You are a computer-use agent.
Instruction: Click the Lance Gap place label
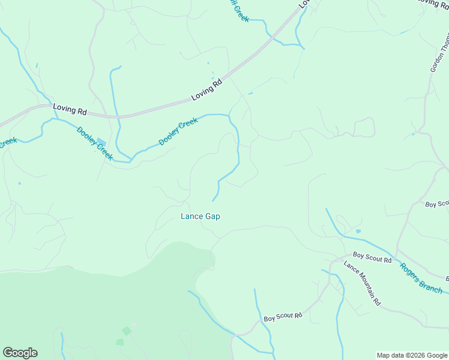pos(200,217)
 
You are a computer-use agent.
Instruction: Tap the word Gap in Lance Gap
pos(212,217)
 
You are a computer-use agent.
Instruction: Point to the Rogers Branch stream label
pos(421,279)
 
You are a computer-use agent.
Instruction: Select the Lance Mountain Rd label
pos(362,283)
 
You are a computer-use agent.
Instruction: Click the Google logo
pos(20,353)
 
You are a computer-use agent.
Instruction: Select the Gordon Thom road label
pos(439,53)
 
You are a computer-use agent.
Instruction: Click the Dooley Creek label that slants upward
pos(178,131)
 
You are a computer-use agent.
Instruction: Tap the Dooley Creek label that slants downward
pos(94,143)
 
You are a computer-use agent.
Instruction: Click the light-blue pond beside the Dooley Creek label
pos(101,143)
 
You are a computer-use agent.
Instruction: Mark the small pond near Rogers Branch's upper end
pos(358,231)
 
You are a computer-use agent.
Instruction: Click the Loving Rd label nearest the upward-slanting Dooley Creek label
pos(206,89)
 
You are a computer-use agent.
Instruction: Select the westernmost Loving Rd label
pos(70,110)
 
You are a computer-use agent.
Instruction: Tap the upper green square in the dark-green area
pos(126,331)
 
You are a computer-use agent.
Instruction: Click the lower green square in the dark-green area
pos(120,342)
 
